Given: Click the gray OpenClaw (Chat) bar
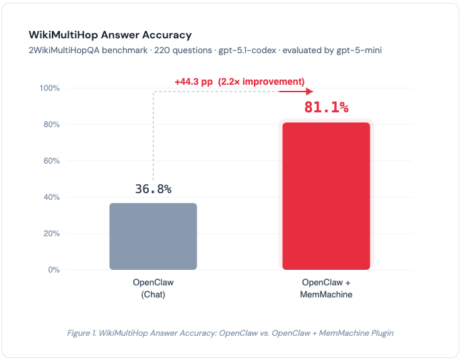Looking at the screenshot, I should click(x=153, y=236).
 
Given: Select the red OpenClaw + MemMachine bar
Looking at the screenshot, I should click(x=326, y=196).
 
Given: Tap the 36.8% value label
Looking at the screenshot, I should click(x=153, y=189).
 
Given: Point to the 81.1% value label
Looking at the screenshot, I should click(x=326, y=106).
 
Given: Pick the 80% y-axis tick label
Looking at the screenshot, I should click(x=52, y=124).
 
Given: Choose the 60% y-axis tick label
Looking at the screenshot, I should click(x=52, y=161).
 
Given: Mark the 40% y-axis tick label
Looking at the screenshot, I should click(x=52, y=197).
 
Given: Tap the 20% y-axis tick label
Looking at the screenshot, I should click(x=52, y=233).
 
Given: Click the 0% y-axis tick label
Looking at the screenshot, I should click(x=54, y=270).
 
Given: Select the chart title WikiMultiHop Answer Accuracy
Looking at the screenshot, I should click(x=110, y=34).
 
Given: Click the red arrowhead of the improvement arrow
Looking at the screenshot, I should click(x=310, y=92).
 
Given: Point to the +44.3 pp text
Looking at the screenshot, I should click(x=193, y=81).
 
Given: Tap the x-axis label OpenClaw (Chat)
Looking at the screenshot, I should click(x=153, y=288).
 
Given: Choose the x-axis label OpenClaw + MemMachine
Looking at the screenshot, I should click(x=326, y=288).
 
